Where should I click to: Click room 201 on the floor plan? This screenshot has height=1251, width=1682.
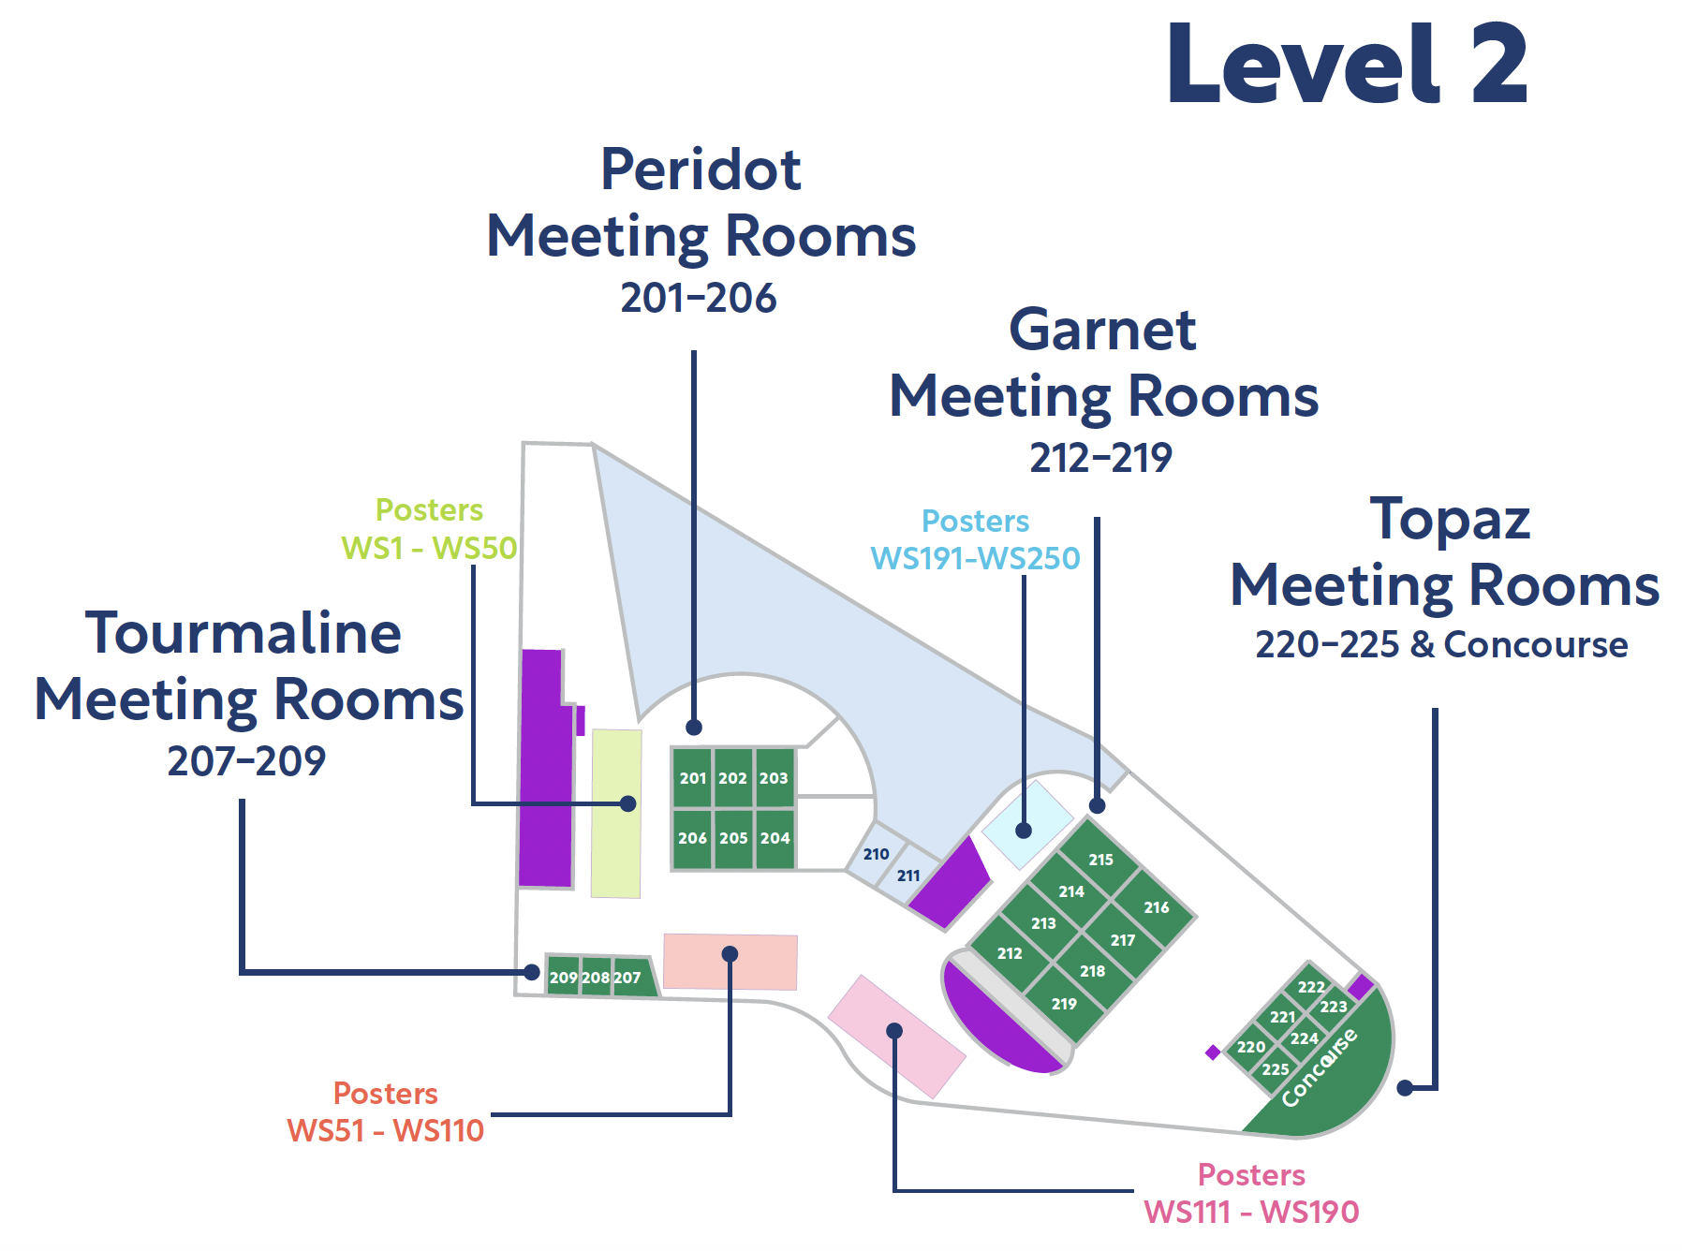coord(692,778)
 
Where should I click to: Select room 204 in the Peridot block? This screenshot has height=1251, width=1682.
coord(775,838)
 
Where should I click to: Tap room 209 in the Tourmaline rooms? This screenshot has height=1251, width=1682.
coord(563,978)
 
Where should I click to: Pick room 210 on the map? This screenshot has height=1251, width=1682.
coord(876,854)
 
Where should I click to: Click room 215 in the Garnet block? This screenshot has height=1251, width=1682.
coord(1100,860)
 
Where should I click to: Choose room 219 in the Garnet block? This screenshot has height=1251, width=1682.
coord(1064,1004)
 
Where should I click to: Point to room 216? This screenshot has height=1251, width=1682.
coord(1157,907)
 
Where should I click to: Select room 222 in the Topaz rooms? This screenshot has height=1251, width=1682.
coord(1311,987)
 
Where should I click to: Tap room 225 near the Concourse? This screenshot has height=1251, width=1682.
coord(1275,1069)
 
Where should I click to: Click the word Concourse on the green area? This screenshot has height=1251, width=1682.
coord(1320,1067)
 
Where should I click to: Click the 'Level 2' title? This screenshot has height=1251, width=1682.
coord(1347,66)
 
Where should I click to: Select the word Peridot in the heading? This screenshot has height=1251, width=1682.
coord(701,169)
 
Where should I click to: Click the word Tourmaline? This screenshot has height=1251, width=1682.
coord(243,634)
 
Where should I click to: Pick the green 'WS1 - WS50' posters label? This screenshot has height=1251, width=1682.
coord(429,548)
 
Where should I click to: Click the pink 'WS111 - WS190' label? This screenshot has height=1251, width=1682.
coord(1251,1213)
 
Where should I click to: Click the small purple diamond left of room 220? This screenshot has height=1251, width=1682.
coord(1213,1052)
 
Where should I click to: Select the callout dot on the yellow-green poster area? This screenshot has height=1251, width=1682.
coord(628,803)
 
